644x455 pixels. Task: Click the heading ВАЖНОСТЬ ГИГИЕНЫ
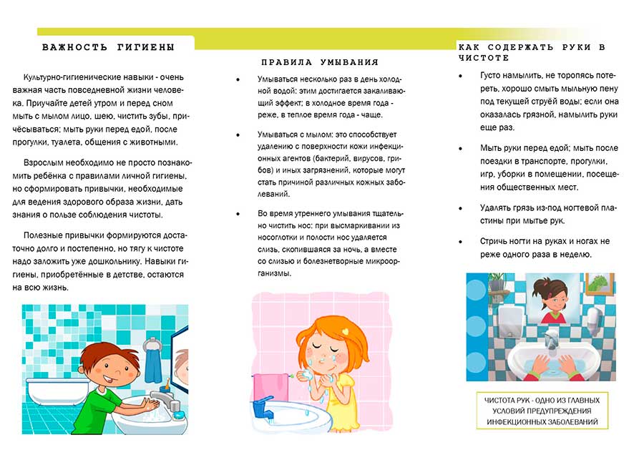click(x=108, y=47)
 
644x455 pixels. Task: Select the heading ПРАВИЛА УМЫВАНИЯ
click(x=320, y=62)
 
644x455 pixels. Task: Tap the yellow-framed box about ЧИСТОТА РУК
click(x=542, y=411)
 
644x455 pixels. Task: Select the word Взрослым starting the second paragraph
click(x=44, y=162)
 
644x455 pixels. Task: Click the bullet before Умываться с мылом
click(x=238, y=134)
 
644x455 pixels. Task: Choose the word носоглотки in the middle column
click(x=281, y=236)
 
